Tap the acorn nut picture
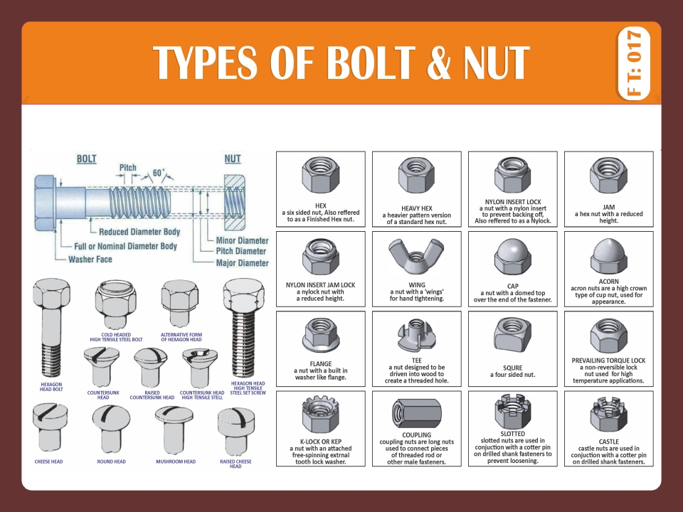608,255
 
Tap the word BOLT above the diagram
87,159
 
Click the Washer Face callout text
90,260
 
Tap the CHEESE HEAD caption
48,462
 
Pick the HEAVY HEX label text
418,208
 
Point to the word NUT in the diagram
233,159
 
